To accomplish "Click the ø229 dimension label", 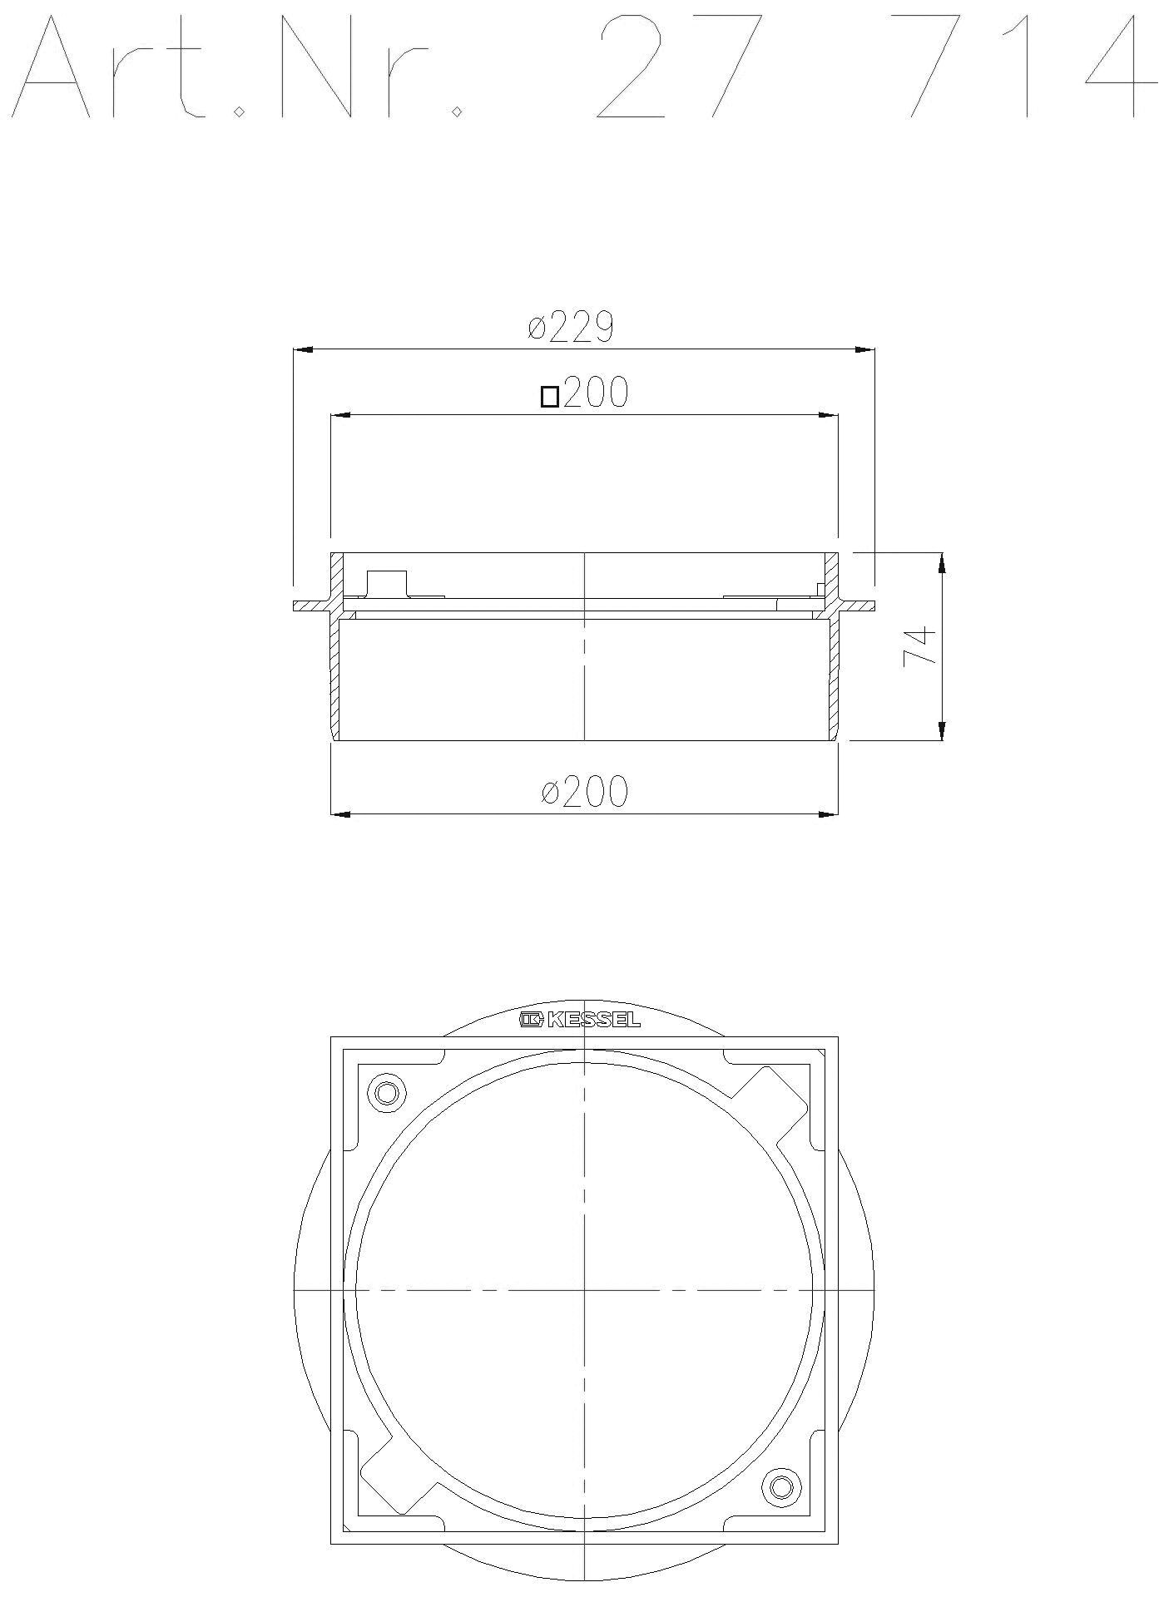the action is point(571,327).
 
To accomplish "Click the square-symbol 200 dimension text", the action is point(584,393).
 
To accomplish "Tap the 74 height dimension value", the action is point(920,645).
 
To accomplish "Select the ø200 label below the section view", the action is point(584,791).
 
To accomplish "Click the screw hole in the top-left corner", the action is point(387,1092).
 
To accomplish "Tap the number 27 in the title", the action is point(678,67).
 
